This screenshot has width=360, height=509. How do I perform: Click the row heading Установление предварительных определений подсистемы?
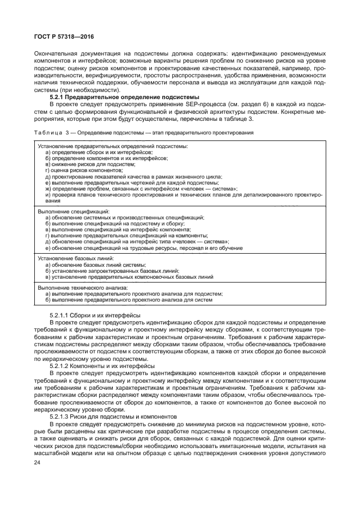[x=113, y=146]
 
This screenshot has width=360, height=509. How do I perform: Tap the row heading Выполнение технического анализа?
[x=82, y=287]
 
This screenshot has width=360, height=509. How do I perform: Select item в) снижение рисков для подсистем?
[x=90, y=164]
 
